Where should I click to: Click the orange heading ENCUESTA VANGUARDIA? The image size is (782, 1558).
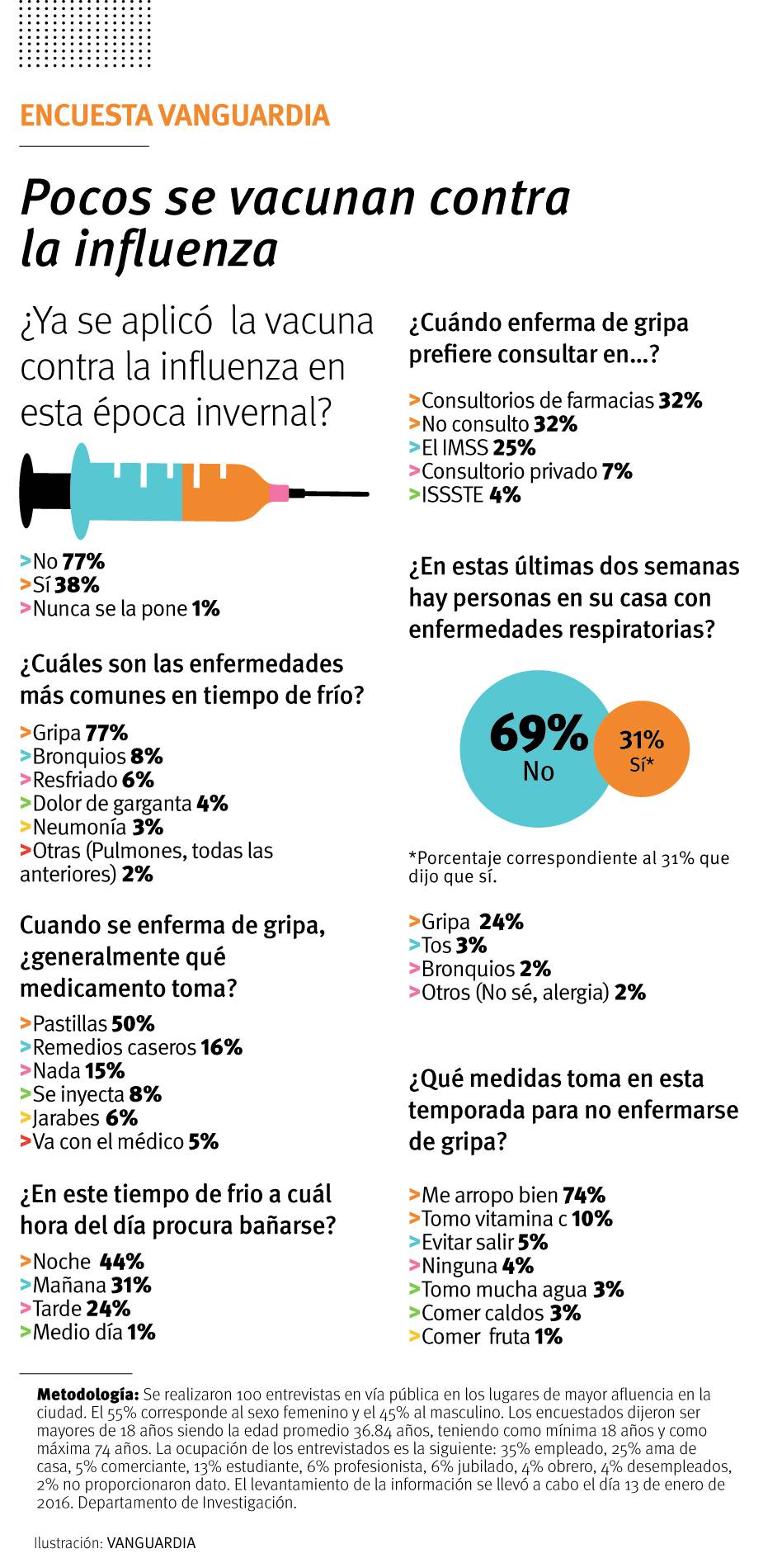pyautogui.click(x=174, y=116)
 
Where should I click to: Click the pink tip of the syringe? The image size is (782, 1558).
pyautogui.click(x=280, y=493)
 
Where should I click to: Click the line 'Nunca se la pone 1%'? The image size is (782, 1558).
pyautogui.click(x=120, y=609)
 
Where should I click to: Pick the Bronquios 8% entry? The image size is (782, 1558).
pyautogui.click(x=92, y=757)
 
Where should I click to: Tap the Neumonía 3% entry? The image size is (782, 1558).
pyautogui.click(x=92, y=827)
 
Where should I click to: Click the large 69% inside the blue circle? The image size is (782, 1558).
pyautogui.click(x=538, y=731)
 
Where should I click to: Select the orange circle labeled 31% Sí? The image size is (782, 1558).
pyautogui.click(x=641, y=749)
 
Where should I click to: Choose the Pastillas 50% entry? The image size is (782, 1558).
pyautogui.click(x=87, y=1024)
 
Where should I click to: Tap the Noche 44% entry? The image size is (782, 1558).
pyautogui.click(x=82, y=1262)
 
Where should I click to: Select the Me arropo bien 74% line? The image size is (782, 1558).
pyautogui.click(x=506, y=1196)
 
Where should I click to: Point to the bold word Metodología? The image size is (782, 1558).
pyautogui.click(x=87, y=1395)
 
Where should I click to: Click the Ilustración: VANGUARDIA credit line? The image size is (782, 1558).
pyautogui.click(x=115, y=1542)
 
